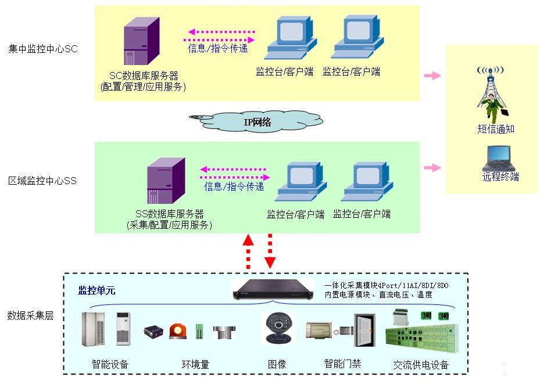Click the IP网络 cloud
[256, 122]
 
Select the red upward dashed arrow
[248, 251]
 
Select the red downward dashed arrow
[270, 251]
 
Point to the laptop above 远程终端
[499, 157]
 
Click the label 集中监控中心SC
[43, 49]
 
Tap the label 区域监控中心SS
[42, 181]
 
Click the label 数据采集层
[30, 316]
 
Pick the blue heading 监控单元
[97, 290]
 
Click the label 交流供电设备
[421, 365]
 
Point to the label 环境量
[195, 365]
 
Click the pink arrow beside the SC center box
[432, 76]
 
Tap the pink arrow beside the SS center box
[432, 168]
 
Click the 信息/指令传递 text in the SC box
[218, 48]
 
